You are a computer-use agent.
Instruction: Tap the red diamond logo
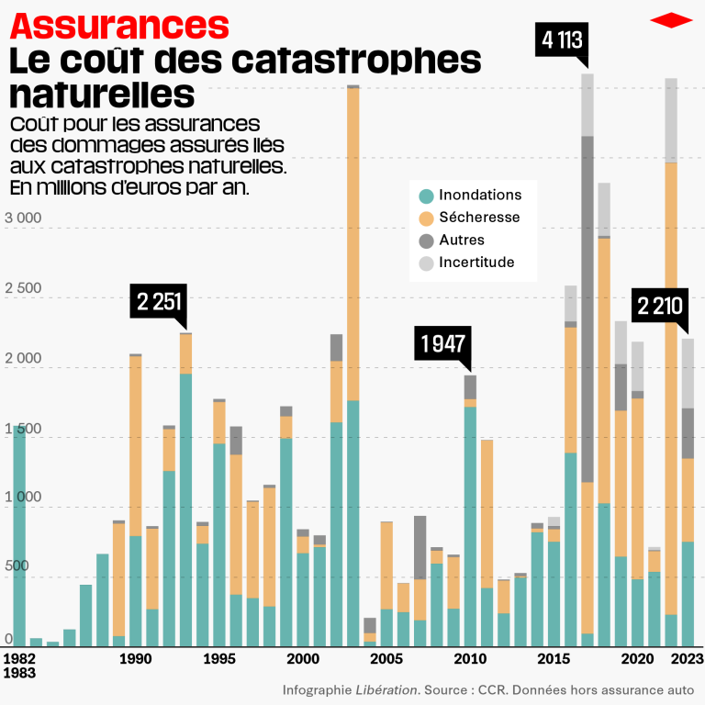671,20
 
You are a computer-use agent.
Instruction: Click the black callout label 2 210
658,305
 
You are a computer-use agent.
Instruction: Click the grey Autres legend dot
426,241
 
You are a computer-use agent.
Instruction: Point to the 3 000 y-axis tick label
23,218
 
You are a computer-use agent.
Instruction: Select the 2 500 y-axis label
23,288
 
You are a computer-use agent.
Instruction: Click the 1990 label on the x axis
136,659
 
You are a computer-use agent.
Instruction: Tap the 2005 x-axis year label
386,659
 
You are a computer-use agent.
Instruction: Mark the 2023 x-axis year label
687,659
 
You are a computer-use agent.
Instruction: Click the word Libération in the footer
386,688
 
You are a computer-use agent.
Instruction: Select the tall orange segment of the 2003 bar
352,243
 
